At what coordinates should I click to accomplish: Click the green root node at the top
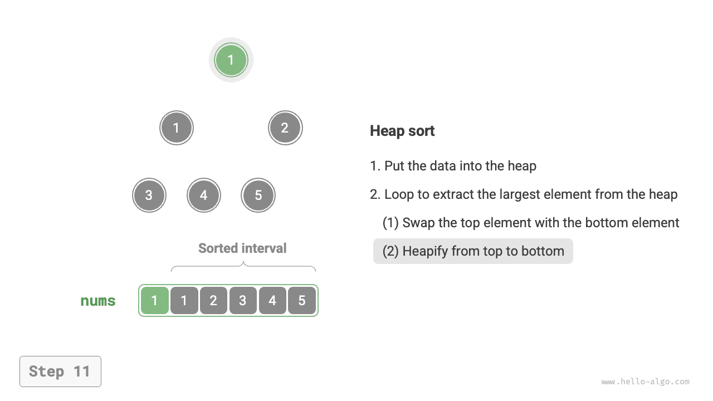point(231,60)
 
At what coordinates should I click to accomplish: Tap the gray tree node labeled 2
point(285,128)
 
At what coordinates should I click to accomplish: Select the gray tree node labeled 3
point(149,195)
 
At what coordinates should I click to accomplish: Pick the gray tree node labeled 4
point(204,195)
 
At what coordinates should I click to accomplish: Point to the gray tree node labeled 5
point(258,195)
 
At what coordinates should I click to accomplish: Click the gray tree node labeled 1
point(177,128)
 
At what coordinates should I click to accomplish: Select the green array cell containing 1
point(155,301)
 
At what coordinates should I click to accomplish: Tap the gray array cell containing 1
point(184,301)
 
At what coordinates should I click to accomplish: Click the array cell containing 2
point(213,301)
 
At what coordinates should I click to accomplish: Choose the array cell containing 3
point(243,301)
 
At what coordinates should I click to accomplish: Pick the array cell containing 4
point(272,301)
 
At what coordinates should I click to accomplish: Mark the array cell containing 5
point(302,301)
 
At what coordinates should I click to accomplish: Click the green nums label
point(98,301)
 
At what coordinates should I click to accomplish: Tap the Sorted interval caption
point(242,248)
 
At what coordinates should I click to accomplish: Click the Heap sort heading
point(402,131)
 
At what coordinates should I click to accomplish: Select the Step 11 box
point(60,371)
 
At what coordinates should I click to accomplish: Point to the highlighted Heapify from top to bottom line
point(473,251)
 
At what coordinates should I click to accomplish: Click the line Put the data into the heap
point(453,166)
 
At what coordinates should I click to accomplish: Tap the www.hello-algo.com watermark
point(645,382)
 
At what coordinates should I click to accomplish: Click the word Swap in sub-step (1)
point(418,223)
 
